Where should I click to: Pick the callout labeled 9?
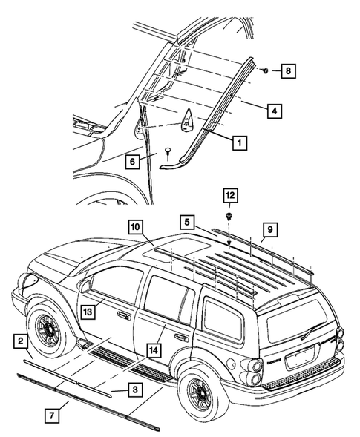coord(269,229)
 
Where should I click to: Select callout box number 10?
coord(135,227)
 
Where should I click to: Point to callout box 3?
coord(135,389)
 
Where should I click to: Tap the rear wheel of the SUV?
coord(202,391)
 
